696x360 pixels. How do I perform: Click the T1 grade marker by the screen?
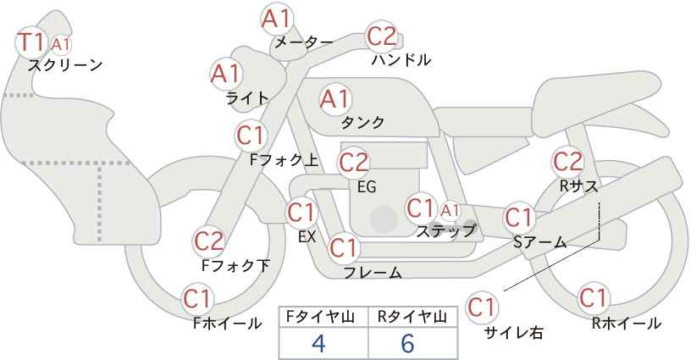(x=31, y=42)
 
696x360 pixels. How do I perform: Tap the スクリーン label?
(x=65, y=65)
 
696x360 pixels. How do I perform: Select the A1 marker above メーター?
(x=277, y=19)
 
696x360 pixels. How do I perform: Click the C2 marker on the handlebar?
(x=382, y=36)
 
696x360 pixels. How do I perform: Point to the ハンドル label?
(x=401, y=59)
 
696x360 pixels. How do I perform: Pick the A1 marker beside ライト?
(x=226, y=74)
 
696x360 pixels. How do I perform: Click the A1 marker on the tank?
(x=335, y=99)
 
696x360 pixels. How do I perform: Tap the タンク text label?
(x=362, y=122)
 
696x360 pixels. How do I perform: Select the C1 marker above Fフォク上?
(x=251, y=136)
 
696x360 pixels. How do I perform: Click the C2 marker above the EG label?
(x=354, y=163)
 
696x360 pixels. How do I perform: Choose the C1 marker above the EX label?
(x=301, y=213)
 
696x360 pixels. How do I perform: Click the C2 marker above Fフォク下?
(x=209, y=241)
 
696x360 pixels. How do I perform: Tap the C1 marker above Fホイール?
(x=198, y=299)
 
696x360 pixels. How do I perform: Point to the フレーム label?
(x=373, y=272)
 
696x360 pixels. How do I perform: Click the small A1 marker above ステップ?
(x=450, y=210)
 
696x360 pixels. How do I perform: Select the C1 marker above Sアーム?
(x=518, y=218)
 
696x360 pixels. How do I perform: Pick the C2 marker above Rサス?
(x=567, y=162)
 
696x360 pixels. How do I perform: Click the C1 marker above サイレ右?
(x=482, y=307)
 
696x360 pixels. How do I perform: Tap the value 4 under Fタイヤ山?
(x=318, y=343)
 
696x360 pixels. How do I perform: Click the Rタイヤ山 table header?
(x=412, y=317)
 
